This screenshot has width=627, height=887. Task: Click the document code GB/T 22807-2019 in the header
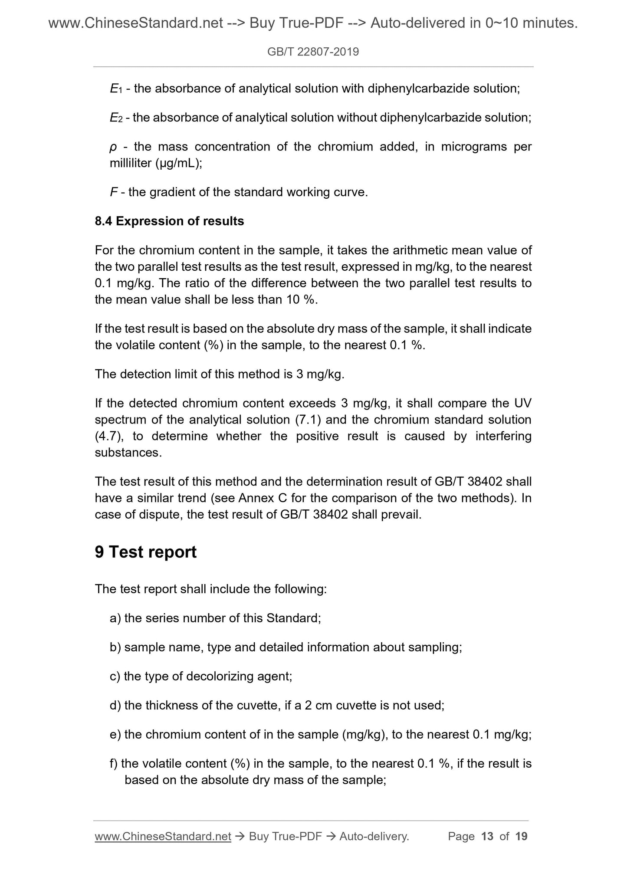click(x=313, y=52)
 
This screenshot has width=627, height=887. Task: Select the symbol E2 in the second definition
click(x=115, y=118)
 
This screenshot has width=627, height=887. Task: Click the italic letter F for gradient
click(x=114, y=192)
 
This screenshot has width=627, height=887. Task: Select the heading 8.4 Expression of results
click(x=169, y=221)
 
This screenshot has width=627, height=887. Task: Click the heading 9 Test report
click(x=146, y=552)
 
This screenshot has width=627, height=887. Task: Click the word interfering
click(x=503, y=436)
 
